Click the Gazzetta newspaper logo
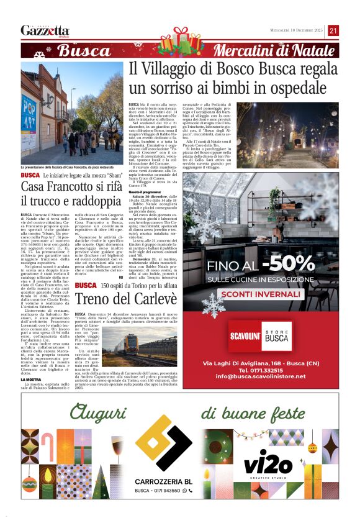(45, 30)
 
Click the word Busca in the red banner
(83, 51)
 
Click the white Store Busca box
(277, 335)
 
